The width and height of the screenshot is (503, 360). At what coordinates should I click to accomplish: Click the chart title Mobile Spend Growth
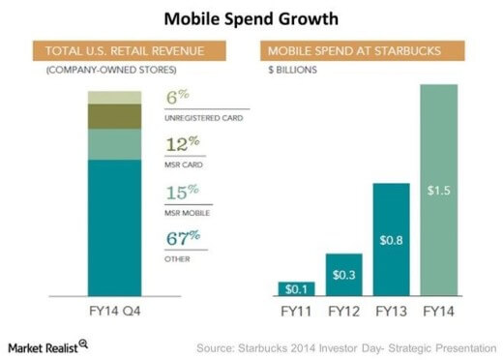click(251, 18)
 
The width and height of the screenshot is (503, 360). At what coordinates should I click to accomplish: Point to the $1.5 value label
click(440, 192)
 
